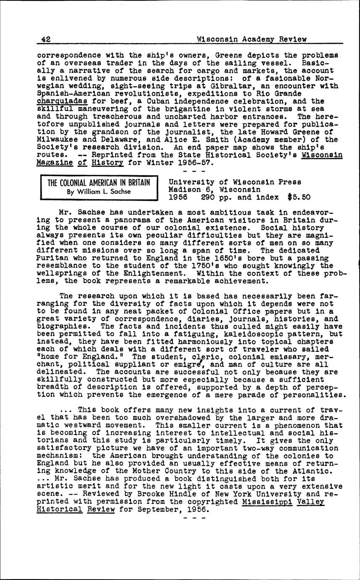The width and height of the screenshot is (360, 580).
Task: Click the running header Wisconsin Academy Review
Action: [251, 39]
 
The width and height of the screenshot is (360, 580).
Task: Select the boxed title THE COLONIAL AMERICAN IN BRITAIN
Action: [98, 182]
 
